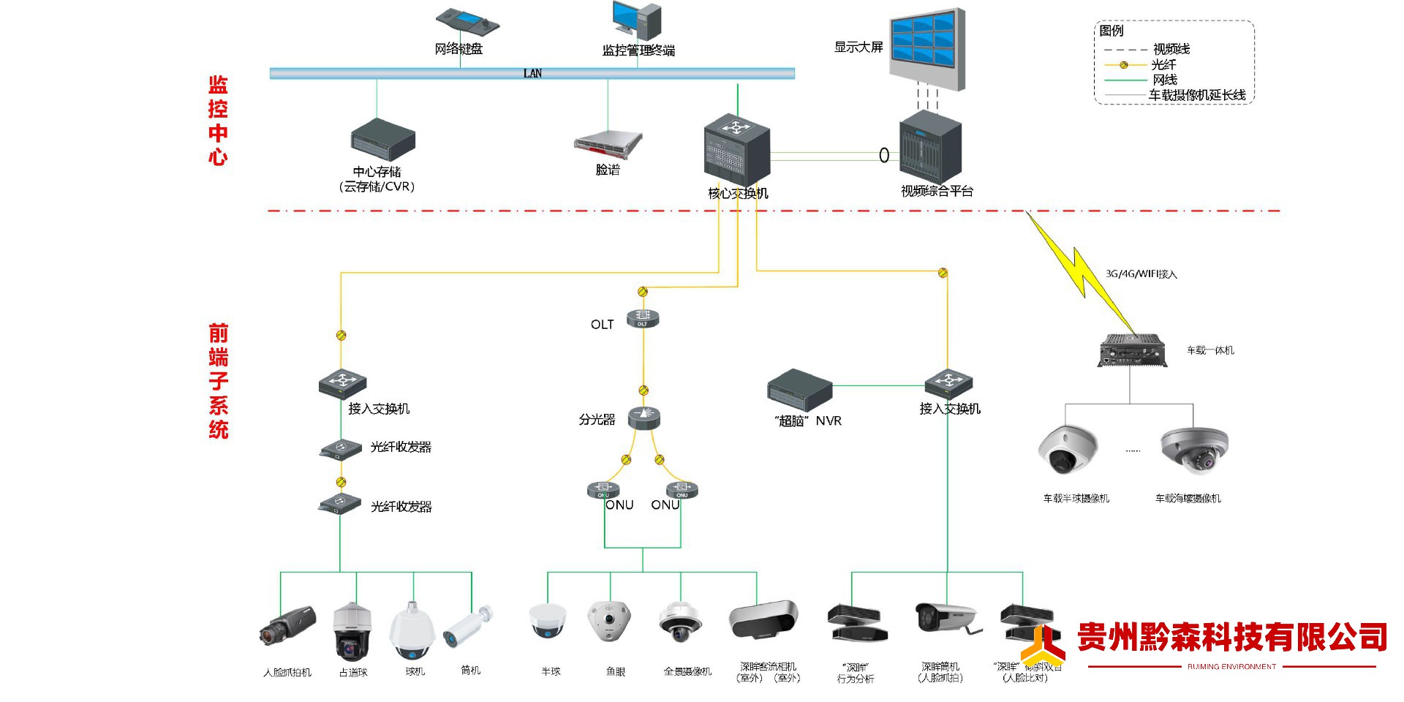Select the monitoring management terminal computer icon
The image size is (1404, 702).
pyautogui.click(x=637, y=20)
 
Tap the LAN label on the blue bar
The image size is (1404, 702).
pyautogui.click(x=532, y=73)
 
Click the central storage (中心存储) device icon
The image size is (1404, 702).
pyautogui.click(x=382, y=139)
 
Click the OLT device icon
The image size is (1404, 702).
pyautogui.click(x=643, y=319)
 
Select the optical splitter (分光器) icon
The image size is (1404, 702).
pyautogui.click(x=643, y=416)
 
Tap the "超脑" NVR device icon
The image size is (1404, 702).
pyautogui.click(x=799, y=390)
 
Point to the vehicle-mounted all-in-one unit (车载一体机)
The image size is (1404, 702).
pyautogui.click(x=1131, y=350)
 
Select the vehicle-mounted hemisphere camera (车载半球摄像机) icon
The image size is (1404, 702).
pyautogui.click(x=1068, y=449)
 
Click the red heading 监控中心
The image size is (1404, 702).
pyautogui.click(x=218, y=121)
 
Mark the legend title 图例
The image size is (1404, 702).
pyautogui.click(x=1111, y=31)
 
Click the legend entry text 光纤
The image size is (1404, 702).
pyautogui.click(x=1163, y=64)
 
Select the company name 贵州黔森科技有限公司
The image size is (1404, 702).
pyautogui.click(x=1231, y=637)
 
